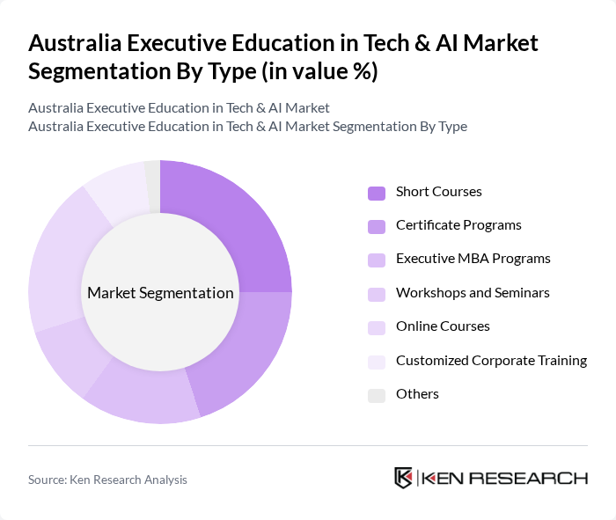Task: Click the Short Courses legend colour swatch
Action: click(x=376, y=193)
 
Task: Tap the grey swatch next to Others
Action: click(x=376, y=395)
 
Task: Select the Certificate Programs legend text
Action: click(x=458, y=225)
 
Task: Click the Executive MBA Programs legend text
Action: click(x=473, y=259)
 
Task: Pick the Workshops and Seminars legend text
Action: click(x=473, y=292)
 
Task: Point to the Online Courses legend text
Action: click(x=443, y=326)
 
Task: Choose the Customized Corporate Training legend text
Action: click(x=491, y=360)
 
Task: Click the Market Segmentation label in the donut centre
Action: click(x=160, y=293)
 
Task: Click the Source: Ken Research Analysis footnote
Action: click(x=107, y=480)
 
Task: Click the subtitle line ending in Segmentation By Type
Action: click(x=247, y=127)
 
